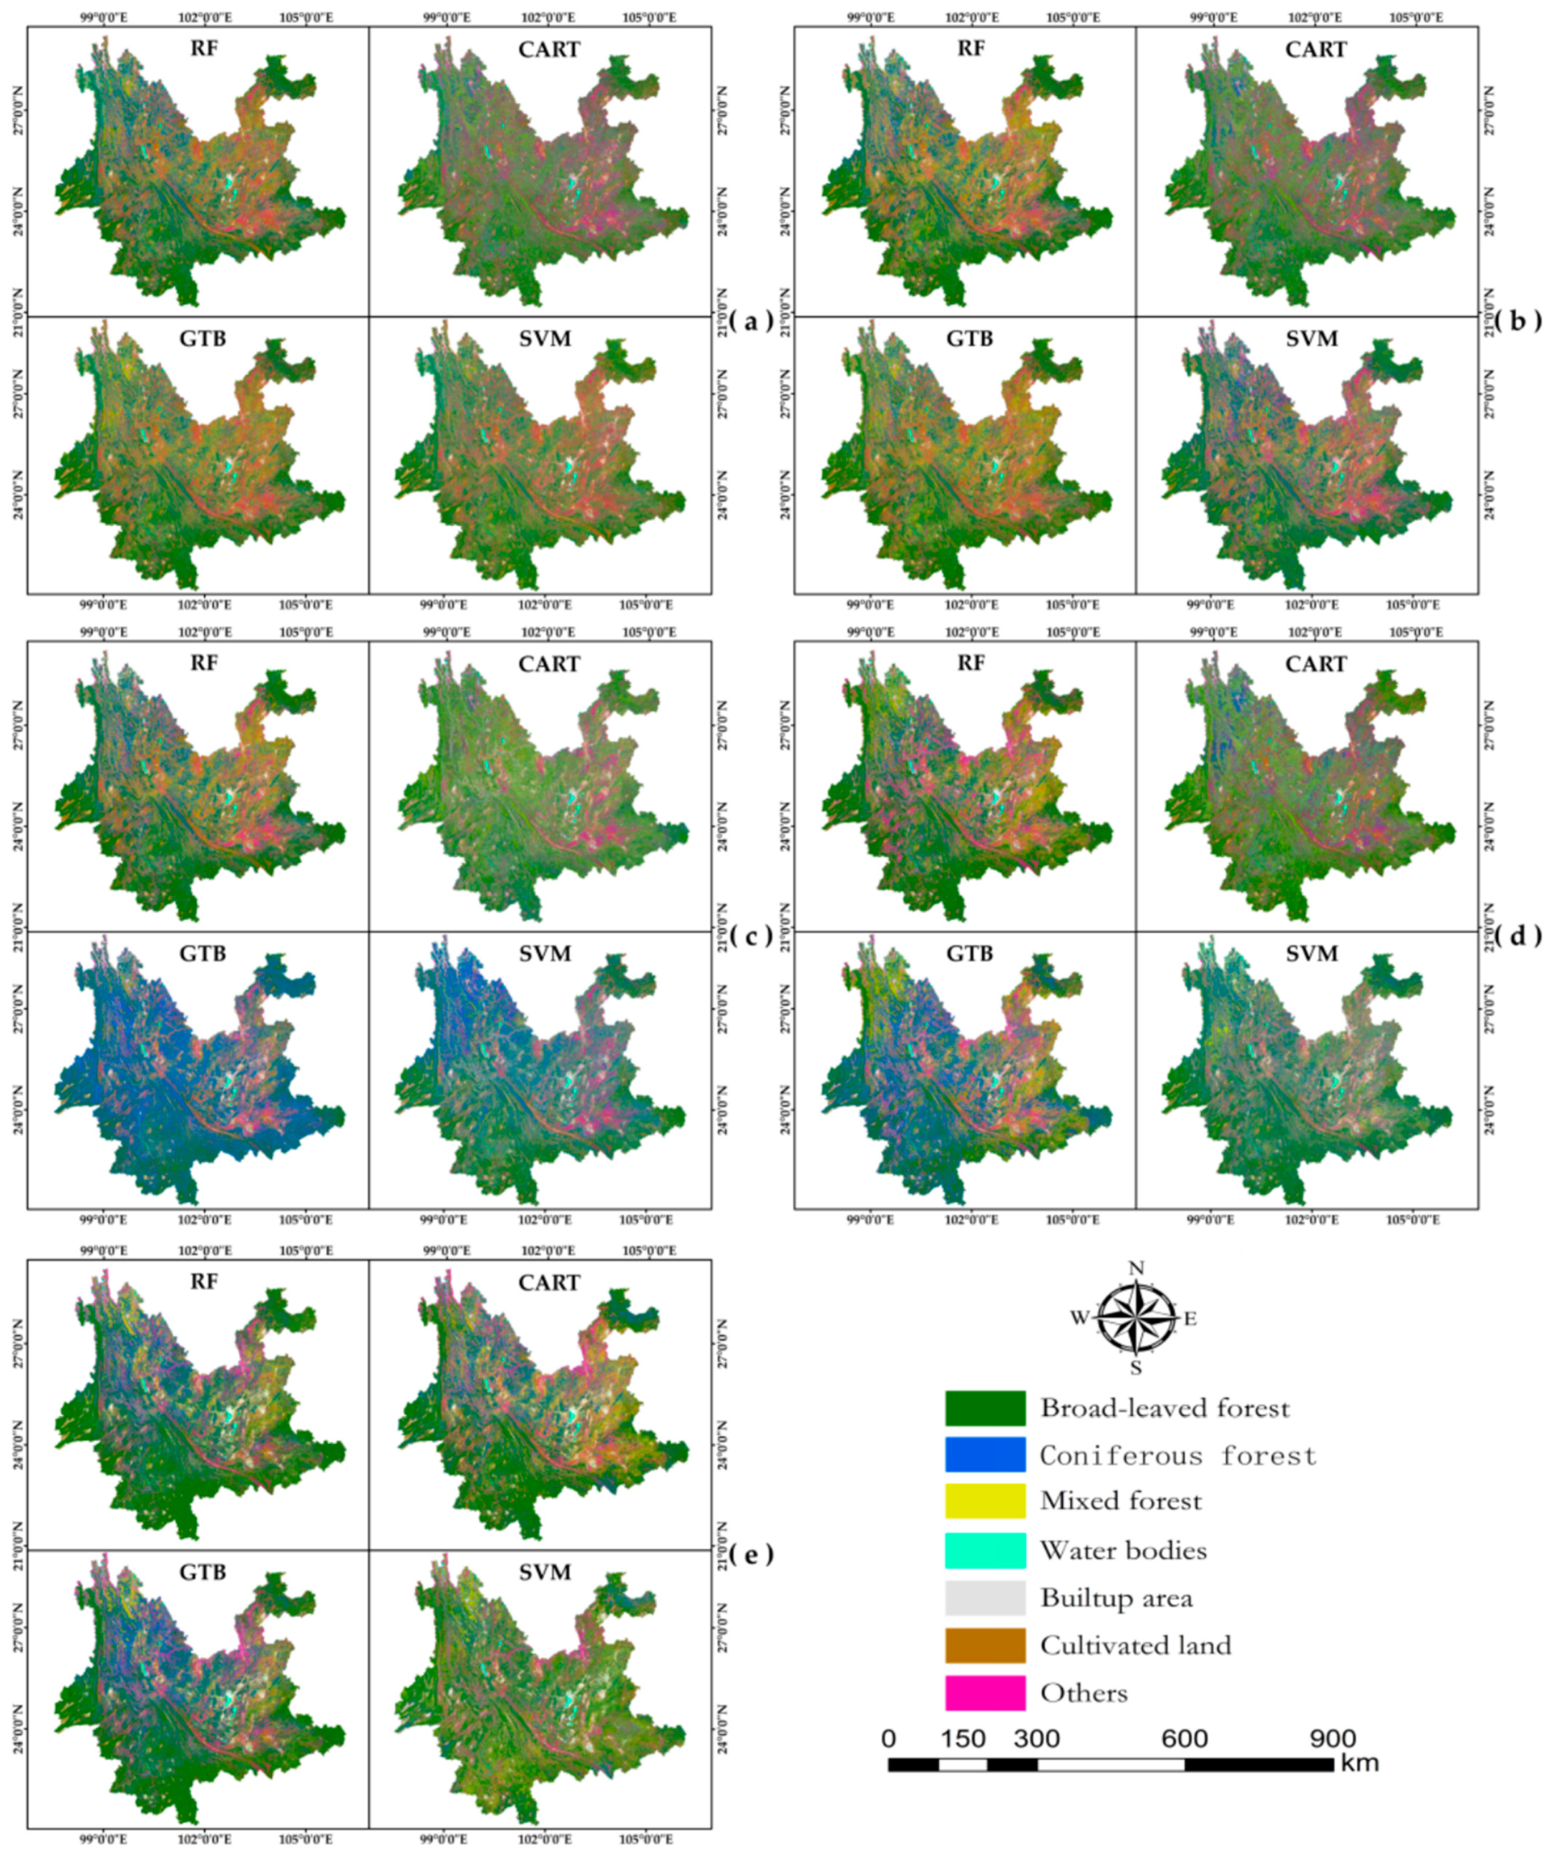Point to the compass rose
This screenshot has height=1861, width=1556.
(1136, 1318)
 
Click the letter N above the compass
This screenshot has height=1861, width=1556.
(1136, 1268)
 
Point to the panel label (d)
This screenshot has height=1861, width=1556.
(1518, 935)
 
